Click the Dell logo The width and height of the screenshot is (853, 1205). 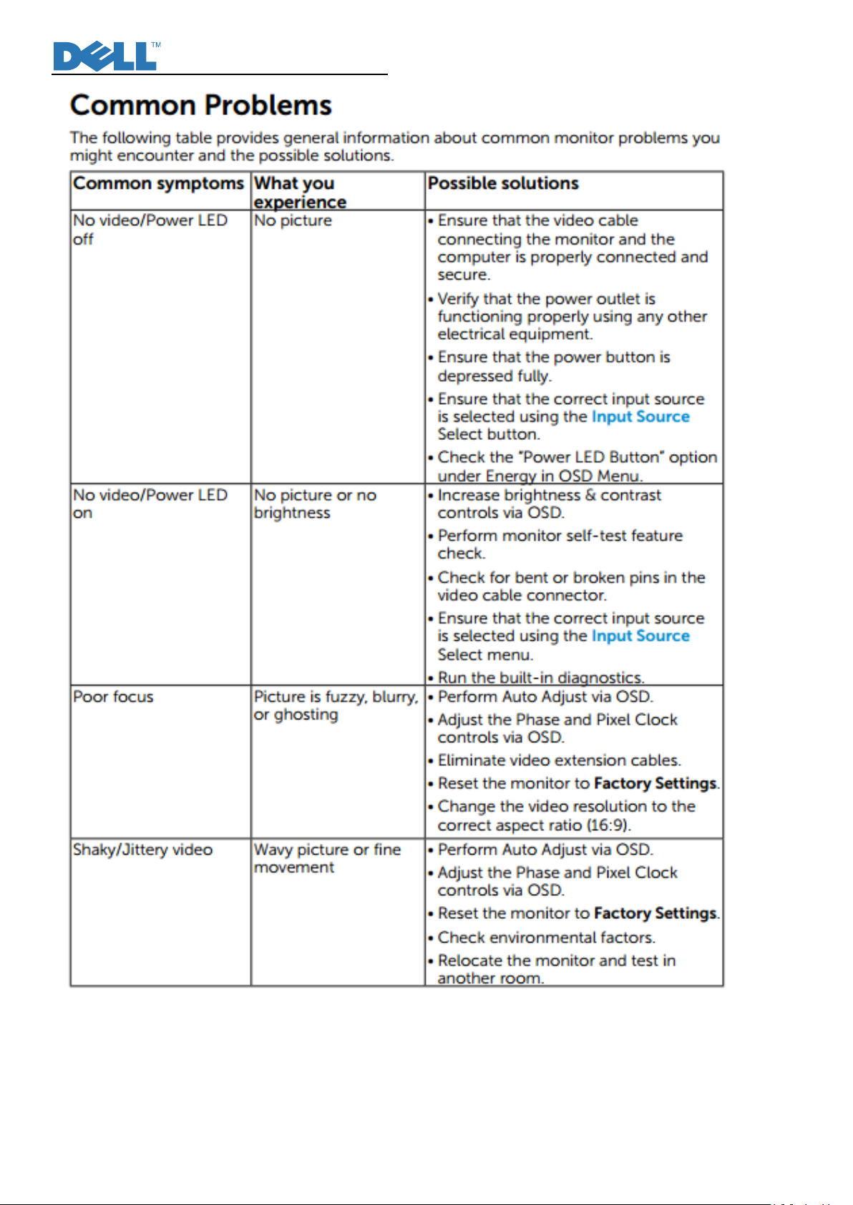pos(104,56)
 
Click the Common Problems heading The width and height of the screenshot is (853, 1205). pos(201,105)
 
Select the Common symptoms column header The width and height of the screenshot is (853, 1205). pos(158,184)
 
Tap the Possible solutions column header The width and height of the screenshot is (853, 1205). pos(503,184)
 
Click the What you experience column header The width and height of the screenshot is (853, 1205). pos(299,192)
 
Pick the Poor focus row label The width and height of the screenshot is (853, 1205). pos(113,697)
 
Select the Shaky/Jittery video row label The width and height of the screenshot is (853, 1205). pos(142,850)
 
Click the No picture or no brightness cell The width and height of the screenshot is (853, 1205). pos(314,503)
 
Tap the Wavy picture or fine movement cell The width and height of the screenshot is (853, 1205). pos(326,858)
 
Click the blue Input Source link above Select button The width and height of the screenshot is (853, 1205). pos(640,416)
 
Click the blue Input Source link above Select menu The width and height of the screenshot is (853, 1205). pos(640,636)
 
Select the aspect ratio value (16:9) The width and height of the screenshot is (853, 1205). pos(608,825)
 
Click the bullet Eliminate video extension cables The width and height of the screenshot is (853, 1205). pos(559,760)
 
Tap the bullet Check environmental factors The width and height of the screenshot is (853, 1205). pos(546,937)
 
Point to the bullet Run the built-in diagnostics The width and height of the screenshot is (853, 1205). pos(540,677)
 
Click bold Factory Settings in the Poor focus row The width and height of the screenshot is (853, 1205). pos(655,783)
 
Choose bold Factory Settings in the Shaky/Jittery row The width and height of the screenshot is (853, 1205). pos(655,913)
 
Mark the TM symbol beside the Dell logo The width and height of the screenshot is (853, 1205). pos(156,45)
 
